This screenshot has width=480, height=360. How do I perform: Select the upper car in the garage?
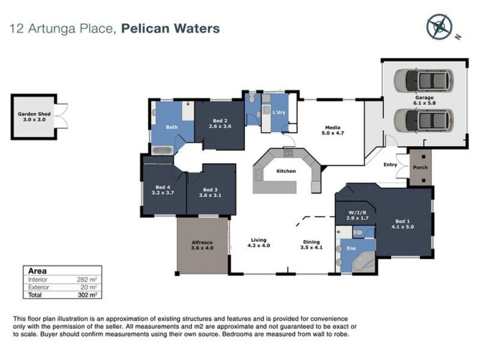[x=424, y=79]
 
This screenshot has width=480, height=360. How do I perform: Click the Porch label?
[x=421, y=167]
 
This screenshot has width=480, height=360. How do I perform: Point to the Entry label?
[x=390, y=165]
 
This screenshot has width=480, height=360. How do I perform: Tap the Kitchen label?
[x=286, y=172]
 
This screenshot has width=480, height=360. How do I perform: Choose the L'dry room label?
[x=278, y=113]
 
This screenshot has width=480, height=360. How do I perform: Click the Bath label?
[x=172, y=127]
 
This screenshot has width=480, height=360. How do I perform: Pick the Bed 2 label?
[x=219, y=124]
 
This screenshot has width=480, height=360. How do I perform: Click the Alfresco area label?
[x=202, y=244]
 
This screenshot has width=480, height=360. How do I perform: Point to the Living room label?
[x=260, y=243]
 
